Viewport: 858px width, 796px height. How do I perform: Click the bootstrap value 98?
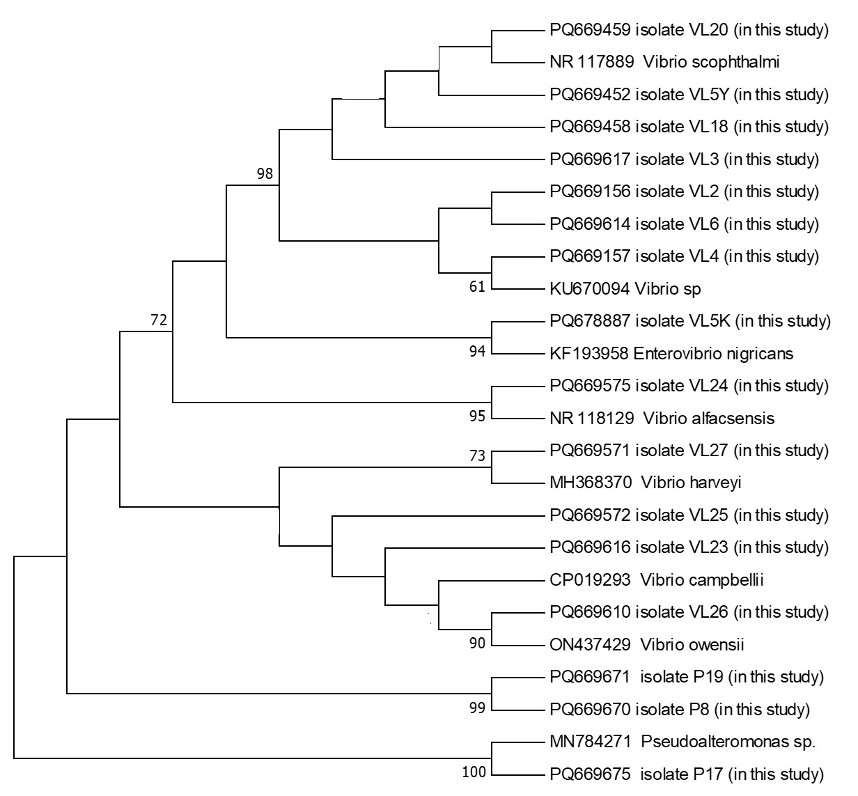[265, 173]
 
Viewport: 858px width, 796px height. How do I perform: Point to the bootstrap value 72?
[159, 320]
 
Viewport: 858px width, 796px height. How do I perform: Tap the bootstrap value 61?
[476, 286]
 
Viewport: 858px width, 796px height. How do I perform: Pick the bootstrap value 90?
[476, 643]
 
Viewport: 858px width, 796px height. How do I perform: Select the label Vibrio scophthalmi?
[711, 62]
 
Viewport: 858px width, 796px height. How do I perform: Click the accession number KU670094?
[589, 288]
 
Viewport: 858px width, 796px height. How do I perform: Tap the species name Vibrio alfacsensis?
[708, 419]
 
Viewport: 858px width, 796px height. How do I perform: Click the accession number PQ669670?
[590, 710]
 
